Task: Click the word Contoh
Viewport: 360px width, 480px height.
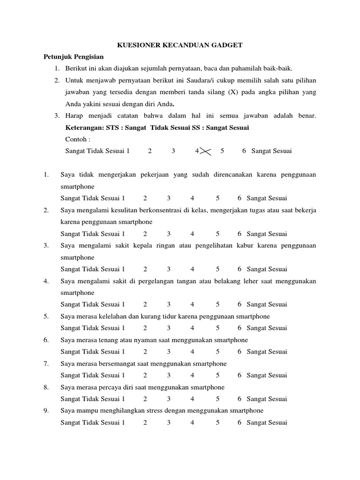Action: (77, 139)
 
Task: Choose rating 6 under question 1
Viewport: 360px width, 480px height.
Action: (240, 198)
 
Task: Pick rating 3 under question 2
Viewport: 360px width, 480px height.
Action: (169, 234)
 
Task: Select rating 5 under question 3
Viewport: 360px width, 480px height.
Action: (217, 269)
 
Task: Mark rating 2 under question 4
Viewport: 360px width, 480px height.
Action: (145, 305)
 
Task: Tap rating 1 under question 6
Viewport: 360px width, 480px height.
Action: (123, 352)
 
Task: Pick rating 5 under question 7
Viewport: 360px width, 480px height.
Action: (217, 375)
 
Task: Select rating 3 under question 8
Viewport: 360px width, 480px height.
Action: (169, 399)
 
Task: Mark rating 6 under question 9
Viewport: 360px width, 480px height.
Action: (240, 422)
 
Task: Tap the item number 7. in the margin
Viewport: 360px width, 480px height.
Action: (46, 363)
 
